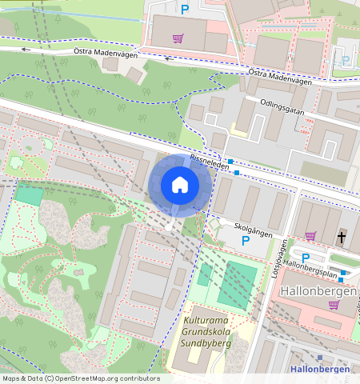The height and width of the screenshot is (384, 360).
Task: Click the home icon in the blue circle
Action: pyautogui.click(x=180, y=186)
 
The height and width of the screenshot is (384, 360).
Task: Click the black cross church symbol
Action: pyautogui.click(x=342, y=237)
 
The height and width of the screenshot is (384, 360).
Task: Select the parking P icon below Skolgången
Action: pyautogui.click(x=246, y=240)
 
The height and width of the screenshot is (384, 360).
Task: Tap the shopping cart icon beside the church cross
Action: pyautogui.click(x=311, y=236)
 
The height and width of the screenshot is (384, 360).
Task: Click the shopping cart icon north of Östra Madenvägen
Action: pyautogui.click(x=178, y=37)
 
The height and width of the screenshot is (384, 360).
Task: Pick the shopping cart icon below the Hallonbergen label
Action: pyautogui.click(x=333, y=305)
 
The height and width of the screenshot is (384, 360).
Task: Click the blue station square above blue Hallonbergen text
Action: pyautogui.click(x=319, y=358)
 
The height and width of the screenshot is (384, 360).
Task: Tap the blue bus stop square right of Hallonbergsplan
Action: pyautogui.click(x=343, y=274)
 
